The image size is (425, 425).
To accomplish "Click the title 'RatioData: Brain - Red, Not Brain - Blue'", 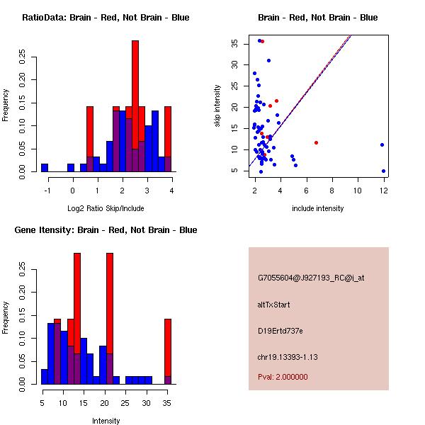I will [106, 17].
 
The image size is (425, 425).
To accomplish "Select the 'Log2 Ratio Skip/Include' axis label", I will [106, 208].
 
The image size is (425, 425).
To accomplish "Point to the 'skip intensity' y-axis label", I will [218, 106].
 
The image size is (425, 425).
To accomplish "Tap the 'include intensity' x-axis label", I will [318, 208].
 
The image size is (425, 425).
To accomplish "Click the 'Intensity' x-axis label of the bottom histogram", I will [106, 421].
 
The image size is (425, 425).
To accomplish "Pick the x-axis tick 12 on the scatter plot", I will [383, 190].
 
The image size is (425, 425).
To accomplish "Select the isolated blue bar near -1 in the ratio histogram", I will [45, 168].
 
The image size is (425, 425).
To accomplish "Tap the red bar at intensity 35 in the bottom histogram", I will [168, 340].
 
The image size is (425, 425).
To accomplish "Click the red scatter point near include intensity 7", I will [316, 142].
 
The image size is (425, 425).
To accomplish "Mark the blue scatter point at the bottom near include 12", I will [383, 171].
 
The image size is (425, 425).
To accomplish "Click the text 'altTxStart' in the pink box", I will [274, 305].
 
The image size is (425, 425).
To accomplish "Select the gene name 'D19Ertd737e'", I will [280, 331].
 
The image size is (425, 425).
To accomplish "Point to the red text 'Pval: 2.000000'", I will [283, 377].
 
